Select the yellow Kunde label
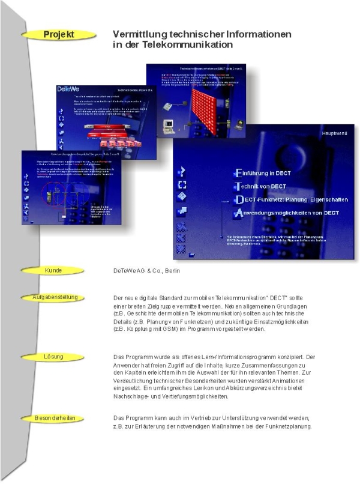[x=53, y=271]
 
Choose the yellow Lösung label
[x=53, y=357]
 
